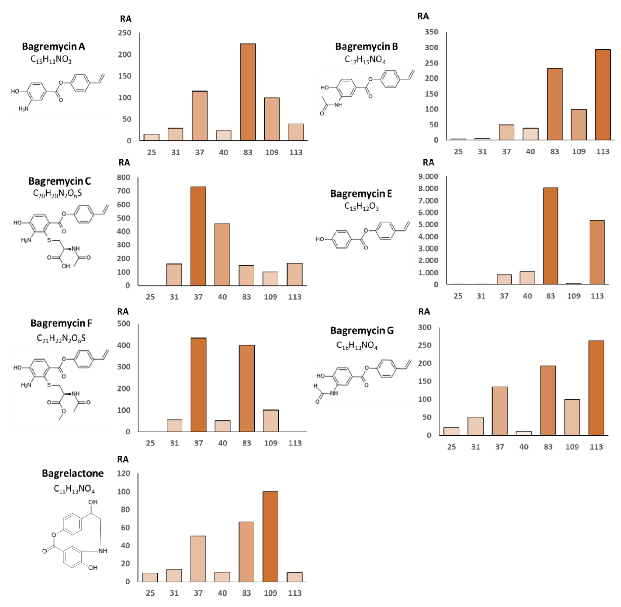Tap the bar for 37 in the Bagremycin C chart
(198, 236)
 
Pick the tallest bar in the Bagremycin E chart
(550, 236)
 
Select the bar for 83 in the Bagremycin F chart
(246, 388)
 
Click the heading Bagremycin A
(53, 47)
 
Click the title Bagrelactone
(73, 473)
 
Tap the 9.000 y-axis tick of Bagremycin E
(428, 177)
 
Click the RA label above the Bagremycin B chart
(423, 16)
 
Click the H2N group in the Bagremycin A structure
(24, 109)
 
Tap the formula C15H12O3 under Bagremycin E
(362, 207)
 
